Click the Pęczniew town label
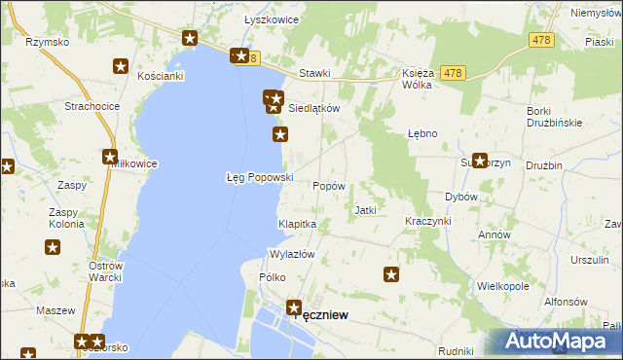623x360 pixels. coord(321,315)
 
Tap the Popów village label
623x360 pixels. coord(329,185)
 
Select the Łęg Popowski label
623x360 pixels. coord(259,177)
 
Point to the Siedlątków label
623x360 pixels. coord(313,108)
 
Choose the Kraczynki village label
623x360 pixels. coord(428,221)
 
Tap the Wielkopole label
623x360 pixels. coord(502,287)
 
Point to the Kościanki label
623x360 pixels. coord(161,75)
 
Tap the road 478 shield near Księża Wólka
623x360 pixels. coord(451,73)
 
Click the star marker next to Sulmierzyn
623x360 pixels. coord(480,161)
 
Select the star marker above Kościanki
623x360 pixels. coord(121,66)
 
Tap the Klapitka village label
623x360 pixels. coord(298,224)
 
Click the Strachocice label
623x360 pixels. coord(91,105)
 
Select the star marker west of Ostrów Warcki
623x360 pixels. coord(53,248)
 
